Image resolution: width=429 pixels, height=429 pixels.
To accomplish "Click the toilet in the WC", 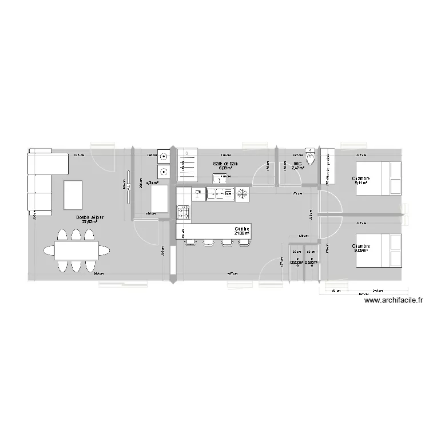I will [311, 157].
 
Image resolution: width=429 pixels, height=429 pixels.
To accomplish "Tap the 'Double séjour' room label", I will [90, 217].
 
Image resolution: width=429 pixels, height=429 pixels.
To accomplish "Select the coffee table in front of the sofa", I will [73, 194].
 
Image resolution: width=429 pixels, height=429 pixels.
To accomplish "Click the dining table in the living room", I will [76, 250].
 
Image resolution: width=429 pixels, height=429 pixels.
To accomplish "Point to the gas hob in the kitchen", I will [184, 213].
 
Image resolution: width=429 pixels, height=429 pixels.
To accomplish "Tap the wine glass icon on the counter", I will [197, 194].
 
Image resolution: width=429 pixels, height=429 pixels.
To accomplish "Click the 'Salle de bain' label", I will [225, 164].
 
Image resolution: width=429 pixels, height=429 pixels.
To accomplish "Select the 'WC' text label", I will [297, 164].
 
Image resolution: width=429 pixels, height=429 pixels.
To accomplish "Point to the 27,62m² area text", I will [90, 223].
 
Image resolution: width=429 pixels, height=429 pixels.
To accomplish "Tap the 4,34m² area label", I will [151, 183].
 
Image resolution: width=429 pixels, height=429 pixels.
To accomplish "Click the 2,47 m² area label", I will [297, 169].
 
